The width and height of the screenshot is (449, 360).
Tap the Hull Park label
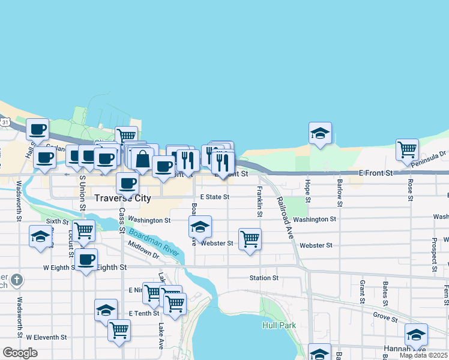(279, 325)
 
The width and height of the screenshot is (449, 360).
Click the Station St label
(264, 278)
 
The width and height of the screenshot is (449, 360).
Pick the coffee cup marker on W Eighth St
(86, 260)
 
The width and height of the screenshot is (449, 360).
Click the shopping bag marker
(143, 159)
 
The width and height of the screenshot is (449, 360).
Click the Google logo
(20, 353)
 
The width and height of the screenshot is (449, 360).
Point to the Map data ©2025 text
(423, 355)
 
